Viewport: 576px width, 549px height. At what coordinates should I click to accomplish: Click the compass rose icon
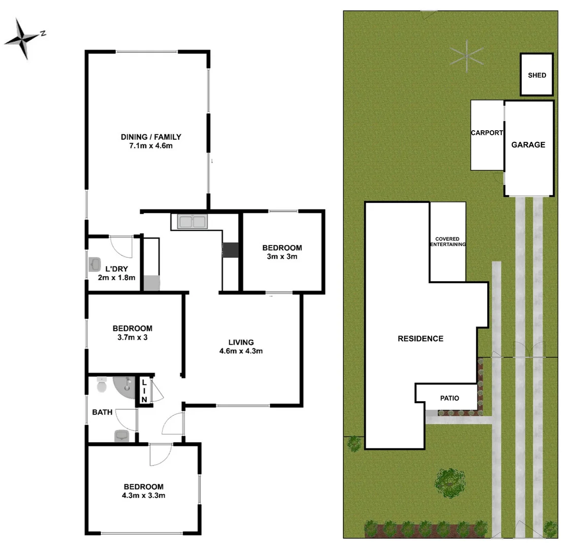[22, 39]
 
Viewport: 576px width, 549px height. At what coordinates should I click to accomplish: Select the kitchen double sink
[192, 222]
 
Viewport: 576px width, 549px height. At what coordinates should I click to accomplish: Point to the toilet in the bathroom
[102, 386]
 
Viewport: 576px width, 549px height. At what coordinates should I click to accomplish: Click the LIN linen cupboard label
[144, 391]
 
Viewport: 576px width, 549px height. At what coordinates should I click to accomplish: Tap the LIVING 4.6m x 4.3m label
[241, 346]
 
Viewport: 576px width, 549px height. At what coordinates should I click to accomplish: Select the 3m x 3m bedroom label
[282, 252]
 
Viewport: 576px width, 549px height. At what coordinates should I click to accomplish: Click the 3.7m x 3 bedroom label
[132, 332]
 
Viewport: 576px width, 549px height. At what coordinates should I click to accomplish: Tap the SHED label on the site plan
[537, 75]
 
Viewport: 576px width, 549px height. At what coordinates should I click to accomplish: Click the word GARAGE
[528, 145]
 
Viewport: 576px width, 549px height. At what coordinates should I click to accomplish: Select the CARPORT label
[487, 133]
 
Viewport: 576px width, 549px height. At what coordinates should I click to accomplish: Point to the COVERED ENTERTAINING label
[447, 242]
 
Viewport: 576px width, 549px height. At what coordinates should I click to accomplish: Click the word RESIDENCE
[420, 339]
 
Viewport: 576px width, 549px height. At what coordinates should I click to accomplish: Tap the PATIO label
[449, 398]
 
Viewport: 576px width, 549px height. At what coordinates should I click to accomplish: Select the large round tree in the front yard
[450, 480]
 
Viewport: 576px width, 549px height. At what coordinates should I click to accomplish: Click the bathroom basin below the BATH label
[122, 436]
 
